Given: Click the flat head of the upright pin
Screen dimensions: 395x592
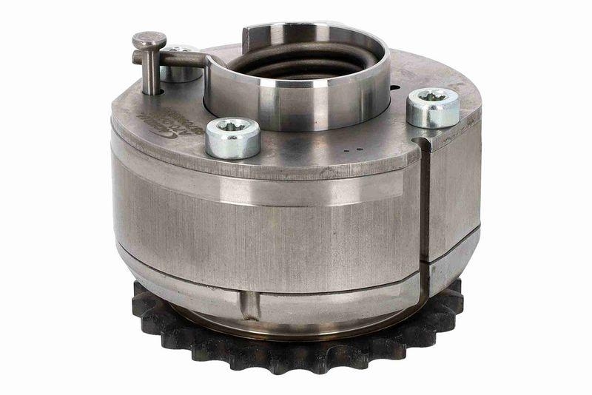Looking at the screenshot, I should (x=149, y=39).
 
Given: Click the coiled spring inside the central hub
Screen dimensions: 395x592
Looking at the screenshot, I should (x=296, y=62).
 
